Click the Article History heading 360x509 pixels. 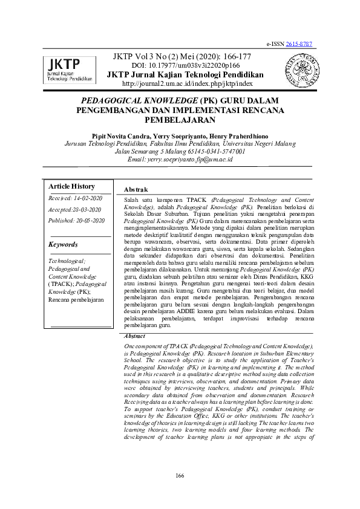71,186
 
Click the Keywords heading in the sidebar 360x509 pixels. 63,244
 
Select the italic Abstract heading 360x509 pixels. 134,336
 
